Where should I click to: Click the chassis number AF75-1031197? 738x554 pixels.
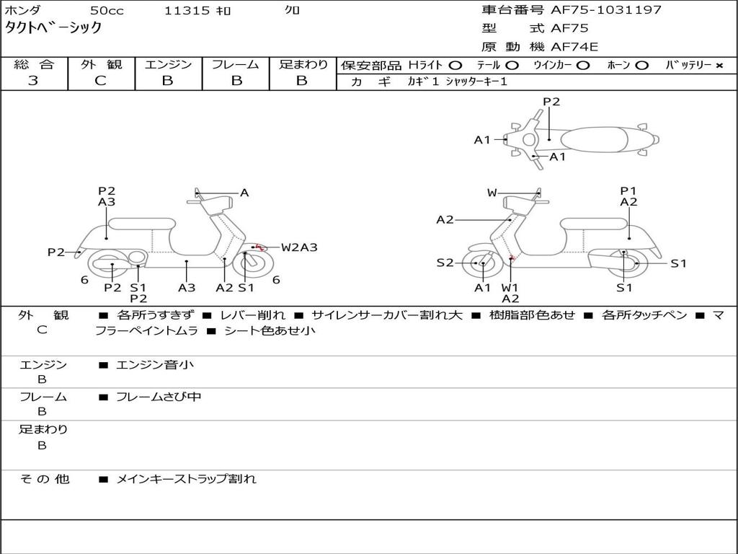click(x=606, y=9)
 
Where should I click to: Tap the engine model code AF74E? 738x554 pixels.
click(x=574, y=47)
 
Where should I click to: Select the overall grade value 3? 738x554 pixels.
click(x=33, y=81)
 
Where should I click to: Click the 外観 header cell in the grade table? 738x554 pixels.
click(x=101, y=64)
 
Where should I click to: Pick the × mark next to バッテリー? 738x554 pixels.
click(x=719, y=66)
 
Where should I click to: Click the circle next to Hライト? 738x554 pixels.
click(x=455, y=66)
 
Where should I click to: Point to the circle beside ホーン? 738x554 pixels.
click(x=641, y=66)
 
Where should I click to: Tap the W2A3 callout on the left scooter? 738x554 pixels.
click(x=299, y=247)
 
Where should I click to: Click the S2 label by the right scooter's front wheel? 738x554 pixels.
click(x=445, y=263)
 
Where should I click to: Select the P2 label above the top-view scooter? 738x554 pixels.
click(x=551, y=102)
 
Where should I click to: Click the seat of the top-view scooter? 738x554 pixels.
click(x=594, y=140)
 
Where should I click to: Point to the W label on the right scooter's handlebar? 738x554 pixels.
click(x=492, y=193)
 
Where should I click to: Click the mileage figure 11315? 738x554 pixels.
click(x=187, y=10)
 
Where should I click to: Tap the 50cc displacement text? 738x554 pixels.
click(x=107, y=10)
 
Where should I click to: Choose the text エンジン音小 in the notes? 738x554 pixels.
click(x=155, y=364)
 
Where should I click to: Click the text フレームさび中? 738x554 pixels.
click(x=159, y=397)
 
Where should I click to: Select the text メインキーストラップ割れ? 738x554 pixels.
click(x=186, y=479)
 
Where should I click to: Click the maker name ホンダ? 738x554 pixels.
click(x=22, y=10)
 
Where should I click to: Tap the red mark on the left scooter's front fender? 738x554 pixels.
click(x=259, y=247)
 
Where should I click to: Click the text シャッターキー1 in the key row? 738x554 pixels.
click(x=476, y=82)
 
